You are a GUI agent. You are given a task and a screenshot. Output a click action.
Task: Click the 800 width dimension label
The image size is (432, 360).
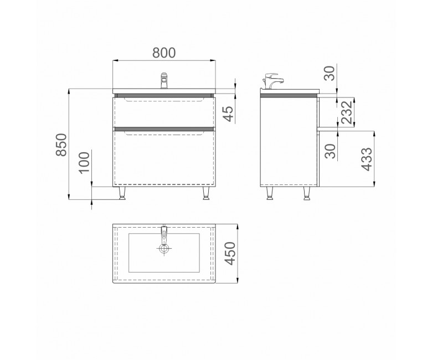click(x=164, y=53)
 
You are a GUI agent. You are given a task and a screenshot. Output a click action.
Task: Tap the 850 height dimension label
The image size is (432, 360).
click(x=61, y=145)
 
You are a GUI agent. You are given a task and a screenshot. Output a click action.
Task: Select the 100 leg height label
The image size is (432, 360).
click(x=85, y=162)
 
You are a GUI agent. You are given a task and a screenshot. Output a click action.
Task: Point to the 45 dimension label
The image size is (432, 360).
click(x=228, y=114)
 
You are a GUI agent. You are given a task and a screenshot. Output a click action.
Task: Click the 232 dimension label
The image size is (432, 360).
click(x=347, y=112)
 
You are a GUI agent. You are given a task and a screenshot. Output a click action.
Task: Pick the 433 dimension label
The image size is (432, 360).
click(x=367, y=160)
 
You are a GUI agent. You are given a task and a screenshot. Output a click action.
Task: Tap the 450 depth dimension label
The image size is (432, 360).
click(x=229, y=254)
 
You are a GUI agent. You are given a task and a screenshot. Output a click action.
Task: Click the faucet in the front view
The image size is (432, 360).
click(x=164, y=80)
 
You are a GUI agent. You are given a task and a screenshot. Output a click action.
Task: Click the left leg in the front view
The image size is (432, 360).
click(x=121, y=193)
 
